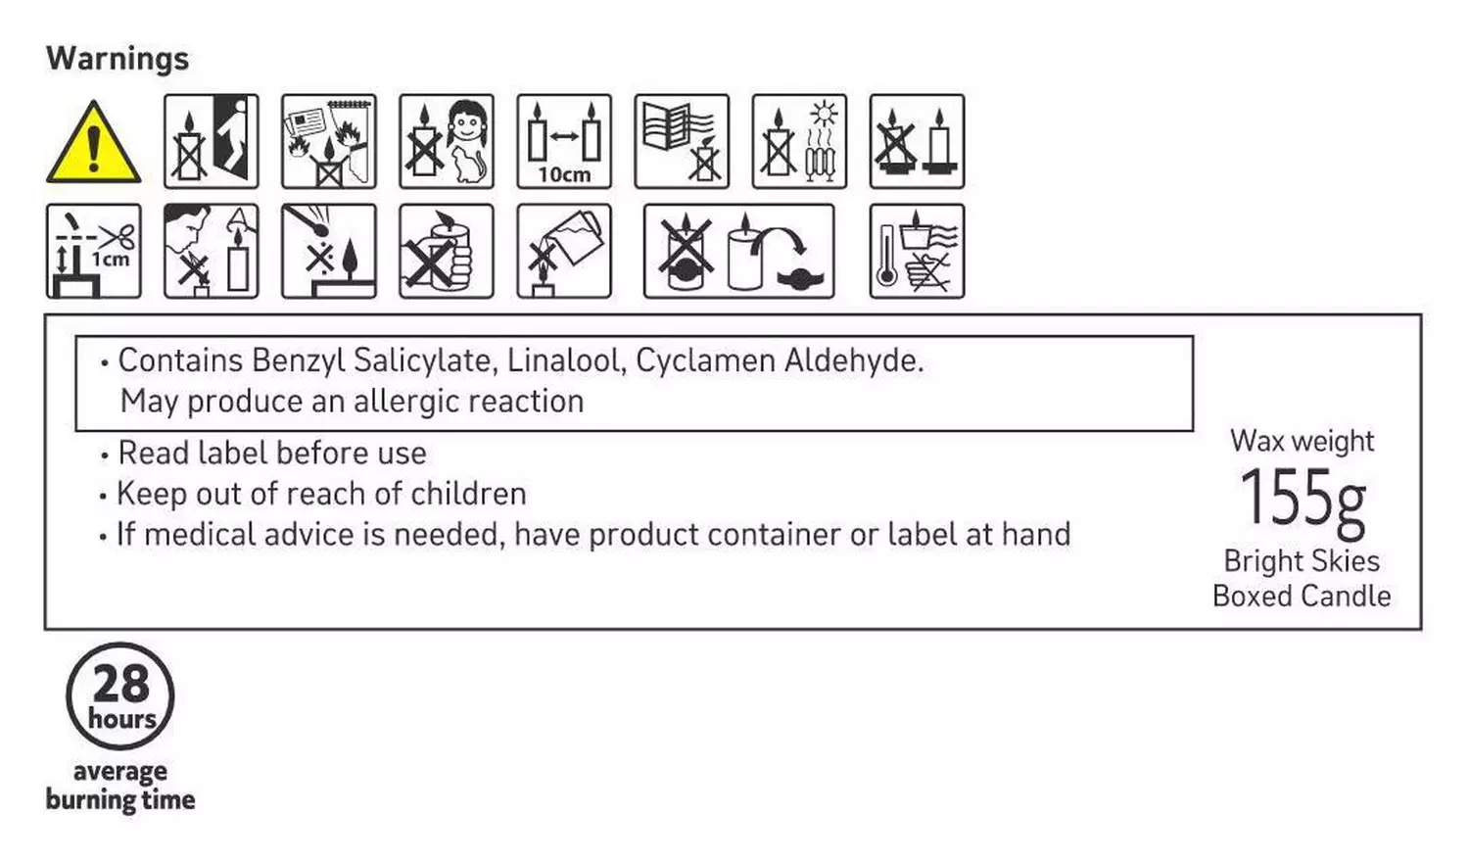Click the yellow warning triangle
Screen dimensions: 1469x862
(x=93, y=143)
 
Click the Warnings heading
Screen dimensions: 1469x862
(x=118, y=58)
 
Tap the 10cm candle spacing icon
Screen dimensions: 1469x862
(x=564, y=141)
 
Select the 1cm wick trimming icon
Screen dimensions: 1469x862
(x=94, y=251)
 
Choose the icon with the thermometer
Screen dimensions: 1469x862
(x=917, y=251)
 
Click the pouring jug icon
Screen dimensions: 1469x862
(x=564, y=251)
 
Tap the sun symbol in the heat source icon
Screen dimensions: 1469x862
(x=823, y=115)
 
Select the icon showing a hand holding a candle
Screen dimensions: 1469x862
(x=447, y=251)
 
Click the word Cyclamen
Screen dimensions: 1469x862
(x=705, y=360)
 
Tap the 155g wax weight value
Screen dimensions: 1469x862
(x=1303, y=498)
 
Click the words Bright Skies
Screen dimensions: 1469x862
(x=1302, y=561)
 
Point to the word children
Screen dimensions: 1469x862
(x=468, y=494)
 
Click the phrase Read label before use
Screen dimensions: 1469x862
(x=272, y=453)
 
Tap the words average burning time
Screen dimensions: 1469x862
(x=120, y=786)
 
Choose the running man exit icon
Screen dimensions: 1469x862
(x=212, y=141)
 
